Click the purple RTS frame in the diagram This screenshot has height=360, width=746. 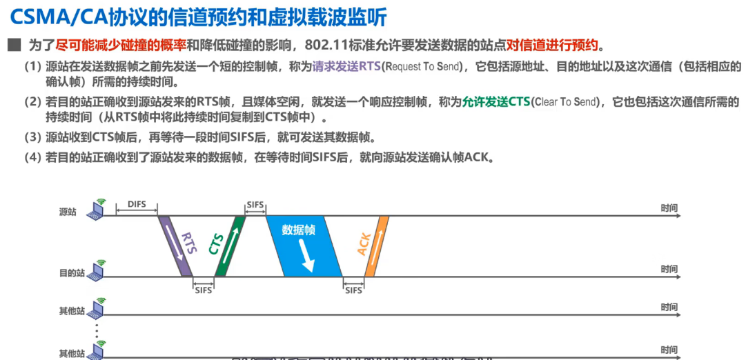pyautogui.click(x=175, y=246)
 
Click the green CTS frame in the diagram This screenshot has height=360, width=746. pyautogui.click(x=230, y=246)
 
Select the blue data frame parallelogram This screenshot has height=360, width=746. pyautogui.click(x=304, y=246)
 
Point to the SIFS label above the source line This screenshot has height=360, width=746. pyautogui.click(x=255, y=205)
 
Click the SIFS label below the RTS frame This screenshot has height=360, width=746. pyautogui.click(x=203, y=290)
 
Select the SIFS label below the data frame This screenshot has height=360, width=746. pyautogui.click(x=353, y=290)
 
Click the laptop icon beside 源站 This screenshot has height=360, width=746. pyautogui.click(x=95, y=211)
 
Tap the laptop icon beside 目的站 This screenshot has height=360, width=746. pyautogui.click(x=95, y=272)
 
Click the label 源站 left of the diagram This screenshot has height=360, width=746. pyautogui.click(x=68, y=212)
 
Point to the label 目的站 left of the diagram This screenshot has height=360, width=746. pyautogui.click(x=72, y=273)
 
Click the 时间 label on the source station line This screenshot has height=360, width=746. pyautogui.click(x=669, y=208)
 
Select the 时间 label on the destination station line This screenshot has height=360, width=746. pyautogui.click(x=669, y=269)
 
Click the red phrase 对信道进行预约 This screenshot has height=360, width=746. pyautogui.click(x=553, y=46)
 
